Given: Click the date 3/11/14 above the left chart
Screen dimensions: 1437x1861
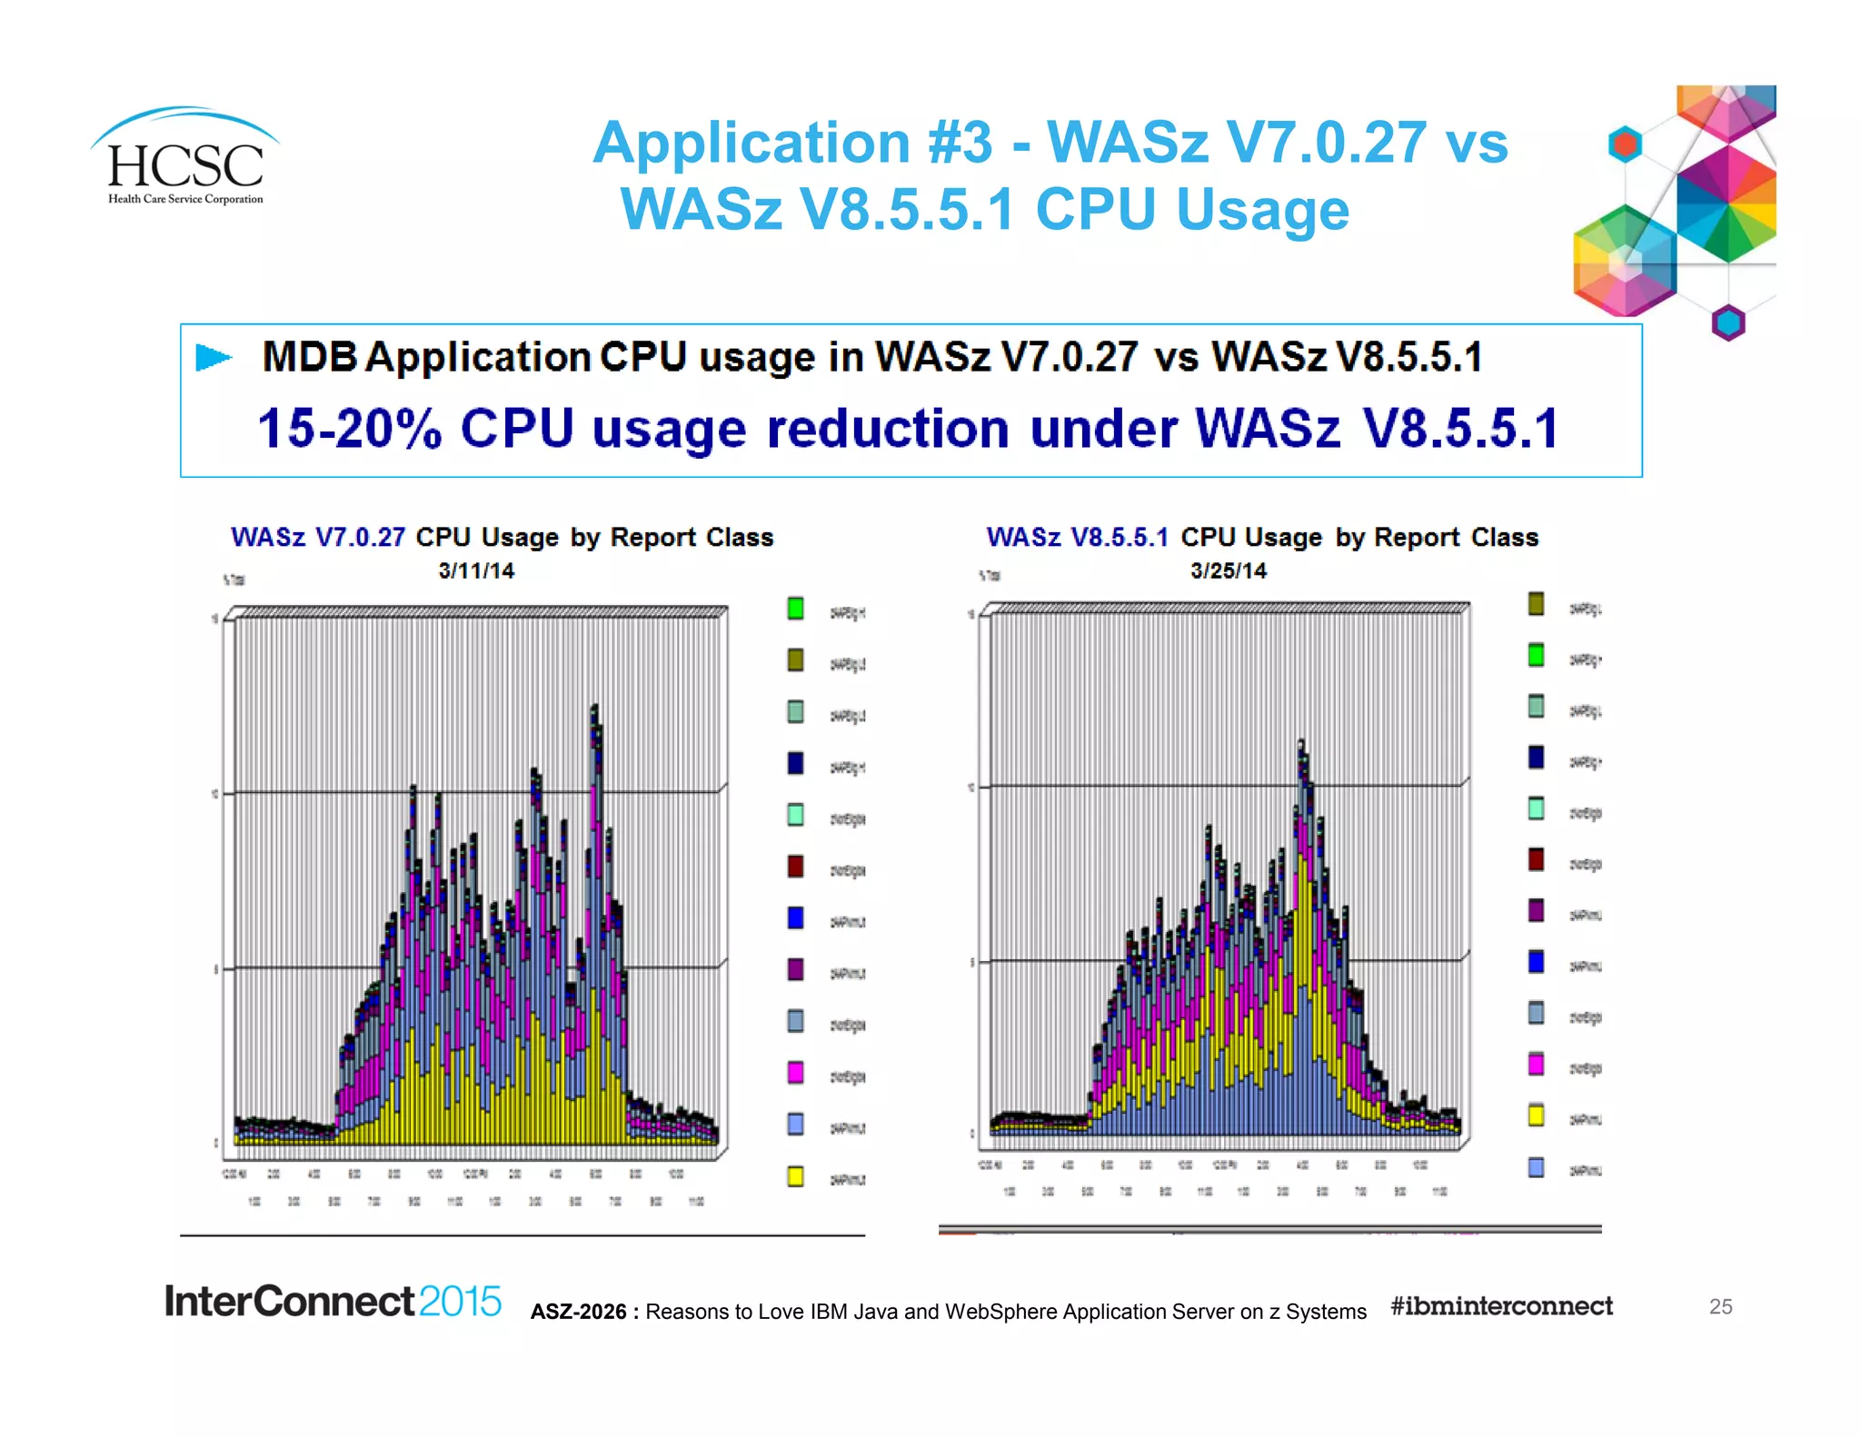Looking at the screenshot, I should click(476, 570).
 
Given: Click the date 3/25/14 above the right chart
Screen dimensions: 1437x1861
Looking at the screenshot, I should click(1229, 570).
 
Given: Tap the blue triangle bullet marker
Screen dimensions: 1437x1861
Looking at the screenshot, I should click(214, 358).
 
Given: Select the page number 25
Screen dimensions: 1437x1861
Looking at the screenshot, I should click(1720, 1306).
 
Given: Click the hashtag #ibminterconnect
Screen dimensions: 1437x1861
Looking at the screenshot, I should click(1501, 1306).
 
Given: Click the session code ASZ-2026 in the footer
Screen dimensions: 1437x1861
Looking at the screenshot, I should click(578, 1312).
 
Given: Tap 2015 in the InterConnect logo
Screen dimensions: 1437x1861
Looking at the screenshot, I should click(460, 1301).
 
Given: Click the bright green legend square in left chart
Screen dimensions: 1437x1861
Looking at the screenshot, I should click(795, 609).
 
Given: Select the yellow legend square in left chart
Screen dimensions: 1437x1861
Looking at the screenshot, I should click(795, 1176).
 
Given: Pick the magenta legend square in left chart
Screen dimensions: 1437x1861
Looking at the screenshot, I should click(795, 1073).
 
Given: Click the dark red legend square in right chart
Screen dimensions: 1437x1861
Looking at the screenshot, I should click(1536, 859).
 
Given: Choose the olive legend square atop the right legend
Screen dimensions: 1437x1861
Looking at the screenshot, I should click(1536, 604).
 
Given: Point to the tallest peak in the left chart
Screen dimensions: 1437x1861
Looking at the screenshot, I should click(594, 708).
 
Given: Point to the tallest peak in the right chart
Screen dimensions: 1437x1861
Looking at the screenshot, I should click(1301, 743).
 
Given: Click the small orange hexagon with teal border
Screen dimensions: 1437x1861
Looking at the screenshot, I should click(1625, 144).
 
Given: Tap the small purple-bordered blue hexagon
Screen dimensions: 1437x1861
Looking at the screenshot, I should click(1728, 322).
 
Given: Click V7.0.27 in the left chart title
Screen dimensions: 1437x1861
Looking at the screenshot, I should click(360, 538).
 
